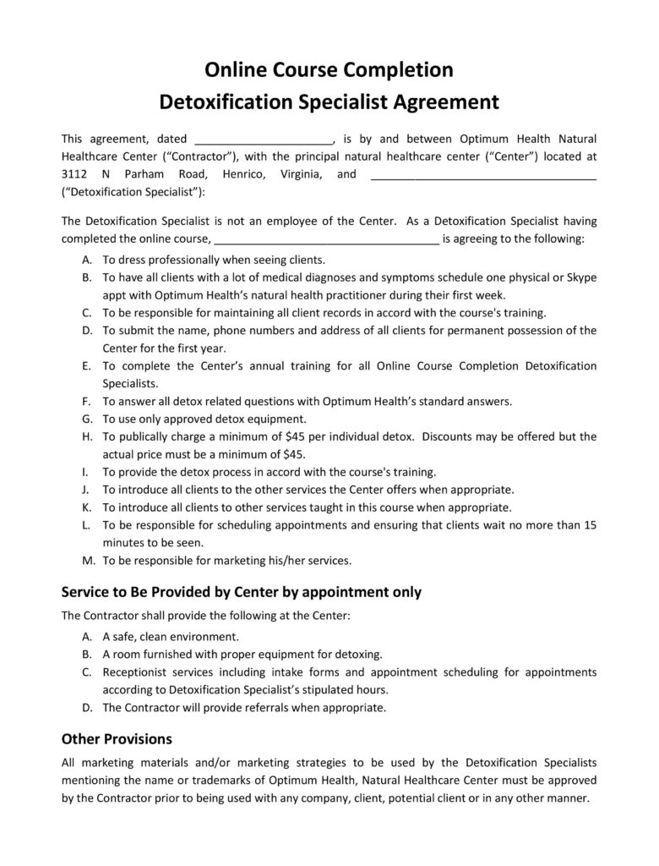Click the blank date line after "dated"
[x=264, y=140]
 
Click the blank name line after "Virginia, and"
[x=483, y=176]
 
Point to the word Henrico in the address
[x=243, y=174]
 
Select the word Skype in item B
[x=581, y=277]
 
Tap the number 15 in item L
[x=591, y=525]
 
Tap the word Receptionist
[x=139, y=672]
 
